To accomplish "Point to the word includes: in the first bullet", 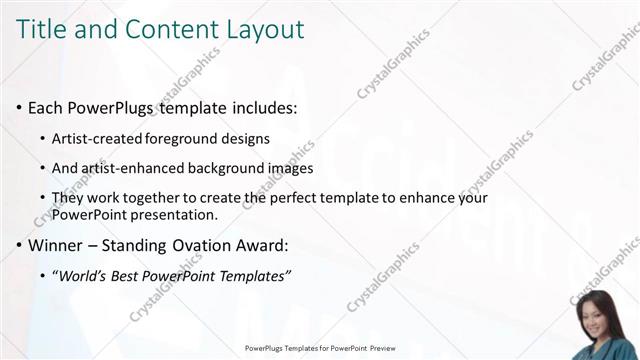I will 263,107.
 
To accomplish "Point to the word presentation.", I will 176,214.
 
